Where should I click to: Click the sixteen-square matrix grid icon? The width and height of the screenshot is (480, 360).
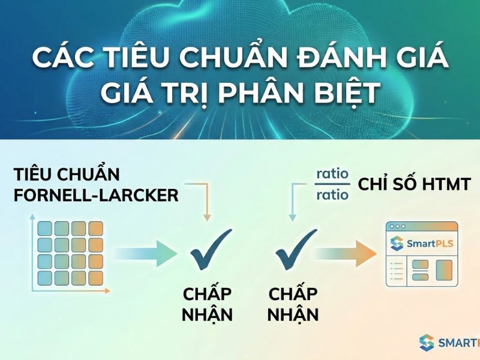point(70,253)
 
